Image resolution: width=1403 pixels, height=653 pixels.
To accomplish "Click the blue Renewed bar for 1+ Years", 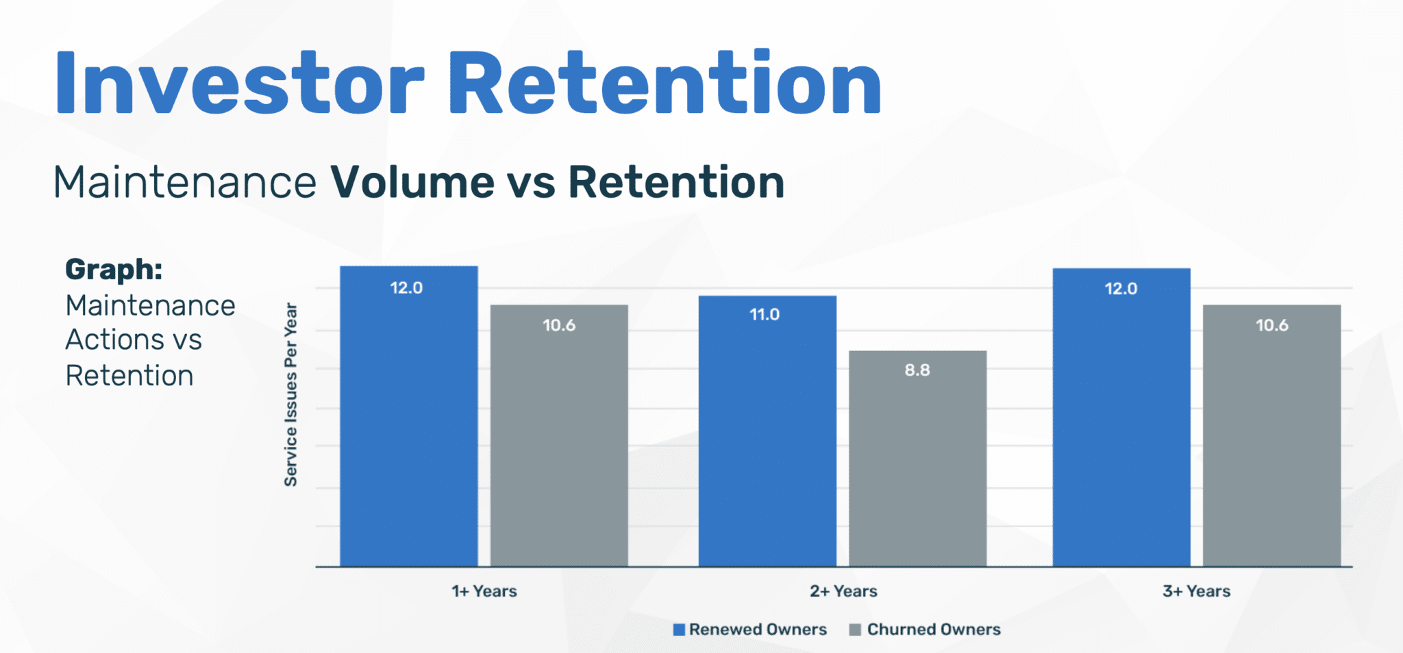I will (x=409, y=424).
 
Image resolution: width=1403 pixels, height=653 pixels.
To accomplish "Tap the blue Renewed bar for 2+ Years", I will (x=767, y=438).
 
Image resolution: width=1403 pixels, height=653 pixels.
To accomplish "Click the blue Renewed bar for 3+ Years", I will (x=1121, y=424).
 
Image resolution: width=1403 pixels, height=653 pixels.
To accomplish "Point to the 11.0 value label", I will (x=765, y=315).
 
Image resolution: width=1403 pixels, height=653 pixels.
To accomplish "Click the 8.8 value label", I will (x=917, y=370).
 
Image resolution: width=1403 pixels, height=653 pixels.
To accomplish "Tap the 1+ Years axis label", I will (x=484, y=591).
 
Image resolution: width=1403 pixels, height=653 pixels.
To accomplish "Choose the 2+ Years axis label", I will (x=843, y=591).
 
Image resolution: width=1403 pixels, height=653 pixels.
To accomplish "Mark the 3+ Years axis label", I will (x=1196, y=591).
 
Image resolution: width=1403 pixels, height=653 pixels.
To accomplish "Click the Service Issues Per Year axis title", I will (x=290, y=395).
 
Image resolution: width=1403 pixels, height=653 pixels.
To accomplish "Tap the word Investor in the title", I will (x=240, y=84).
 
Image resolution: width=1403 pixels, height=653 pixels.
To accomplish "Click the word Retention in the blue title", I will (x=665, y=84).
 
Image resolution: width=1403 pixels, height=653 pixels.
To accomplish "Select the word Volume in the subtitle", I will (x=412, y=183).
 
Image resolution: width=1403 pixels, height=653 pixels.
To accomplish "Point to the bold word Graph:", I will (x=114, y=270).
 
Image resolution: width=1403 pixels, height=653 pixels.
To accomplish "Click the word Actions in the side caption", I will (x=114, y=340).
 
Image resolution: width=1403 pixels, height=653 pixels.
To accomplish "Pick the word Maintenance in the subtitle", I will (x=185, y=183).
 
